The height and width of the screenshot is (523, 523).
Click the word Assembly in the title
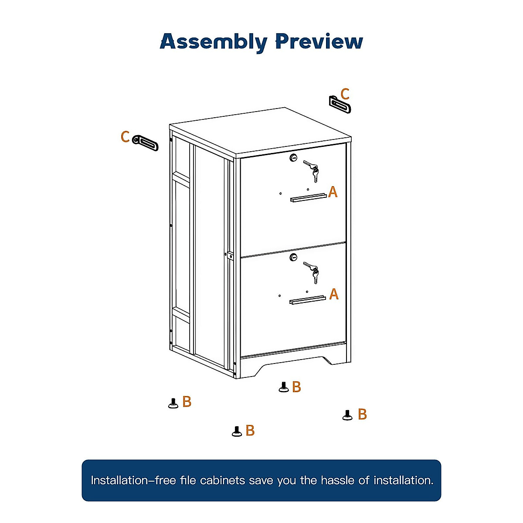click(x=214, y=42)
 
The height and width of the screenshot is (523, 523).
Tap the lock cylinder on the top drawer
click(x=293, y=158)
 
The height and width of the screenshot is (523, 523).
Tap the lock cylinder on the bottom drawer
click(x=293, y=258)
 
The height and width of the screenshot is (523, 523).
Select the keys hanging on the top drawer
click(x=312, y=170)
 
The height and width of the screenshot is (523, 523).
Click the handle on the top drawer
click(x=308, y=198)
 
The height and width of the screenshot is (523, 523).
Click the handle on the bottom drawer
click(x=307, y=300)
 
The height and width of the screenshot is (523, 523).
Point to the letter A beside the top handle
click(x=333, y=192)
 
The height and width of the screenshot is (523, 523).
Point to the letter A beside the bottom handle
click(x=334, y=294)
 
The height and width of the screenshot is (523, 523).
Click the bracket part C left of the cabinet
click(x=146, y=143)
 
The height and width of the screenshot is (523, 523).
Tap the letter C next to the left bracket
click(x=125, y=137)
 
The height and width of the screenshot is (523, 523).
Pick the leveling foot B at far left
click(x=173, y=403)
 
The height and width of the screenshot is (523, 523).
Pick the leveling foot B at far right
click(x=347, y=415)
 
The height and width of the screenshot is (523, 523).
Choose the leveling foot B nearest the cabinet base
click(x=284, y=387)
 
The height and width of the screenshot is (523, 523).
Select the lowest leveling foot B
click(x=237, y=431)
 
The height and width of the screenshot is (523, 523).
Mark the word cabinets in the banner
click(x=222, y=480)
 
